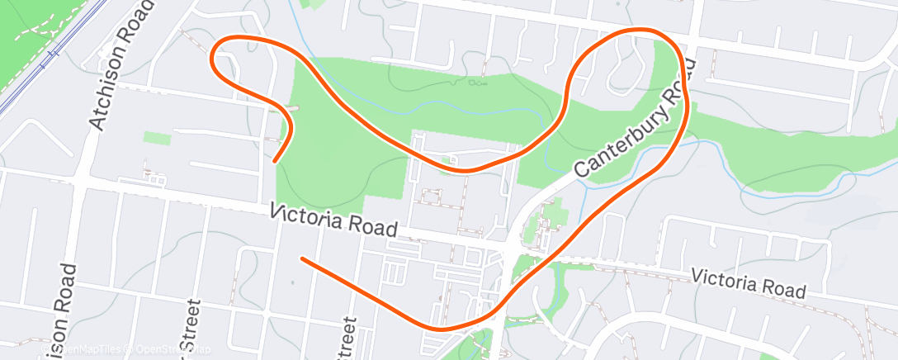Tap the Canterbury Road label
click(632, 120)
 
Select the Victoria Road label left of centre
click(335, 220)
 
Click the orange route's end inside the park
click(275, 161)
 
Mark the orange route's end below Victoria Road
click(302, 259)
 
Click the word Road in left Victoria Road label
click(376, 227)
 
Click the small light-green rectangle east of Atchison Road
click(157, 138)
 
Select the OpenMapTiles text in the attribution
click(78, 351)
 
